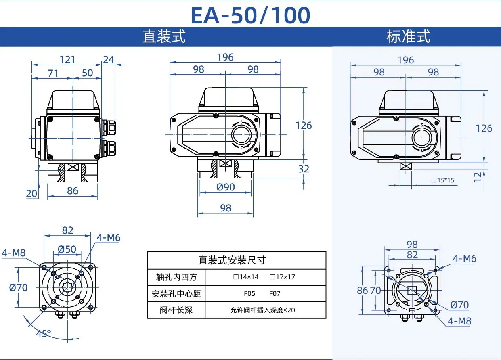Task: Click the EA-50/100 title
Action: pos(250,15)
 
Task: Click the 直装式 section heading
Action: pos(164,37)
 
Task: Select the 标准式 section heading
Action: pos(409,37)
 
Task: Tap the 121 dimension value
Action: pos(67,59)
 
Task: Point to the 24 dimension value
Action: pos(109,59)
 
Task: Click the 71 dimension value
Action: pos(53,73)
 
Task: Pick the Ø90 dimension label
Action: pos(226,187)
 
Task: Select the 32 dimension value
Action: pos(304,169)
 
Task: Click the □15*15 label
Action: pos(442,180)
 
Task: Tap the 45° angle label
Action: pos(44,334)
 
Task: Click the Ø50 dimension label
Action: pos(67,249)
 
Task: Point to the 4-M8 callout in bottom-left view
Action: pos(14,253)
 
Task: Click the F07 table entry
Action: pos(275,294)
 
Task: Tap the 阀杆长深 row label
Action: pos(176,310)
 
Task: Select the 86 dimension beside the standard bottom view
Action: pos(363,290)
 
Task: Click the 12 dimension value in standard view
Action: pos(478,176)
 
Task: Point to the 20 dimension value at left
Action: pos(31,193)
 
